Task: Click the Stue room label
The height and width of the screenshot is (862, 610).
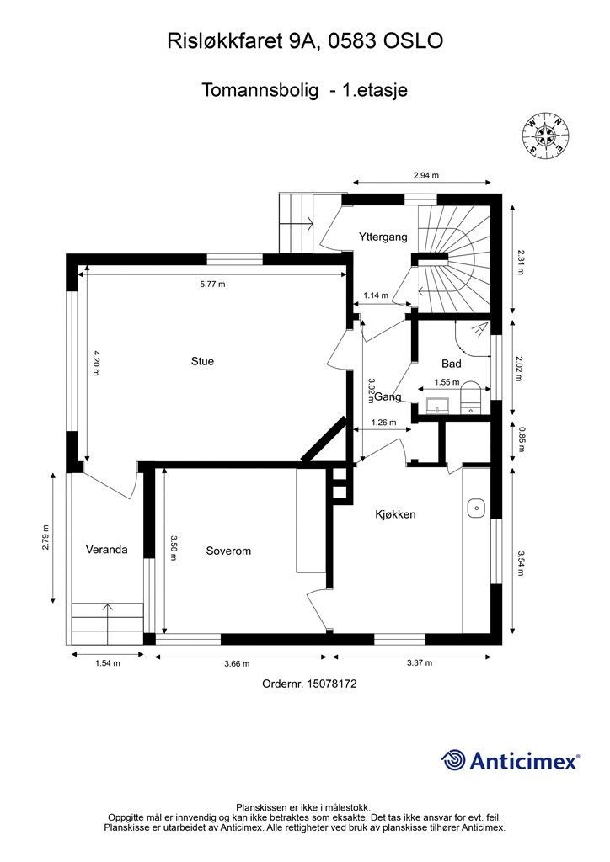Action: click(202, 361)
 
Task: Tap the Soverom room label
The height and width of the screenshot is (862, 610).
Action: click(228, 551)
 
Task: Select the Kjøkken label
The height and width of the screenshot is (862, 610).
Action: click(395, 514)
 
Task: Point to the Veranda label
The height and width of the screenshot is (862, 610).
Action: click(107, 549)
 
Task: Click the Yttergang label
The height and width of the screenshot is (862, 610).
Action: click(383, 237)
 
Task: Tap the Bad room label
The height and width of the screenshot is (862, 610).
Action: click(452, 364)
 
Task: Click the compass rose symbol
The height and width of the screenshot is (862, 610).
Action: click(546, 135)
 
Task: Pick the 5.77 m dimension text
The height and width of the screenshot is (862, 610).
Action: click(212, 285)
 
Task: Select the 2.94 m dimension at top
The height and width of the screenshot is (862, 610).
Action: click(426, 175)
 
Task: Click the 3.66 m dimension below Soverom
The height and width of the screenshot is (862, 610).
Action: click(237, 663)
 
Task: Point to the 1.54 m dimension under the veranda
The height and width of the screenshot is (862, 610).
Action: click(108, 663)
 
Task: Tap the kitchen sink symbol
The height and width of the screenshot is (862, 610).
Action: click(476, 508)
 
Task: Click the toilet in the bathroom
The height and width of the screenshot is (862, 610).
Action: click(470, 396)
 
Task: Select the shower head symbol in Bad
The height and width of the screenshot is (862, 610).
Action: click(479, 329)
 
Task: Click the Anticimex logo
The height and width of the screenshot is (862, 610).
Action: click(510, 761)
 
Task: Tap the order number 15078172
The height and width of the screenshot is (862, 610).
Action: click(332, 684)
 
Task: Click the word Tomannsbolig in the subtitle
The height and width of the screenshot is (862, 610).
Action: click(260, 90)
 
